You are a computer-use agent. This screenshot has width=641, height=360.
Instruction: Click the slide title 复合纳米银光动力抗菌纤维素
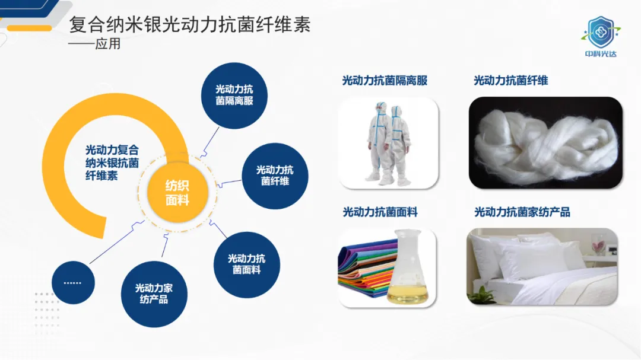189,24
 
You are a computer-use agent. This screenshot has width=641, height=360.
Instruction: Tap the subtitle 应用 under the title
108,44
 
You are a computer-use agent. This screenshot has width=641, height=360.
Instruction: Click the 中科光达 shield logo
601,36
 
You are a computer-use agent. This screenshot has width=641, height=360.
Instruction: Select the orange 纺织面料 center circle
177,193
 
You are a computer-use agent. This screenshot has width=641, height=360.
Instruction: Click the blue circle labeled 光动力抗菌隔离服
234,95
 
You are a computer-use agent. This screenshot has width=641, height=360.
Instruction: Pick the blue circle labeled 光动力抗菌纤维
275,176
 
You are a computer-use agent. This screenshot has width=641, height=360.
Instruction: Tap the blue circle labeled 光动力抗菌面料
246,265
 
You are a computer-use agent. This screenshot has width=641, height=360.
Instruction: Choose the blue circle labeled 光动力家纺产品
154,294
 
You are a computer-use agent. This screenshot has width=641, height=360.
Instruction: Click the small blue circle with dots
73,283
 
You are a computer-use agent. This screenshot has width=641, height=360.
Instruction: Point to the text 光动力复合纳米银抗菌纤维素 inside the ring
112,163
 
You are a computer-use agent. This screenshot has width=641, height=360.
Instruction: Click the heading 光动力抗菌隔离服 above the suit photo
385,81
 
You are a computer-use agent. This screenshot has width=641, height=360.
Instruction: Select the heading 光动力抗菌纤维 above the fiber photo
510,81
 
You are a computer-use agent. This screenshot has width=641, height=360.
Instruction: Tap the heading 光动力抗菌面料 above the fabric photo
380,212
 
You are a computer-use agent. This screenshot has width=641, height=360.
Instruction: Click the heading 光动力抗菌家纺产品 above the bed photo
522,212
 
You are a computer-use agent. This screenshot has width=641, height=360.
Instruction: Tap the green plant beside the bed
481,294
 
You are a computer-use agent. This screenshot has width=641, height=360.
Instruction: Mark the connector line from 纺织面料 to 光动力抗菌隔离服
210,142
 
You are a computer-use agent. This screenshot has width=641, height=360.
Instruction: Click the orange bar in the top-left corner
30,28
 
